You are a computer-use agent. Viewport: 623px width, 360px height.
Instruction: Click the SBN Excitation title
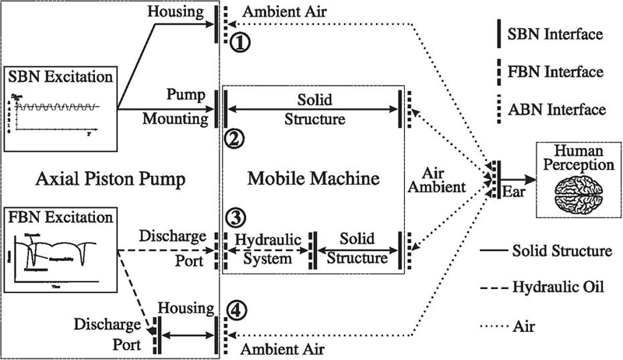(61, 77)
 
